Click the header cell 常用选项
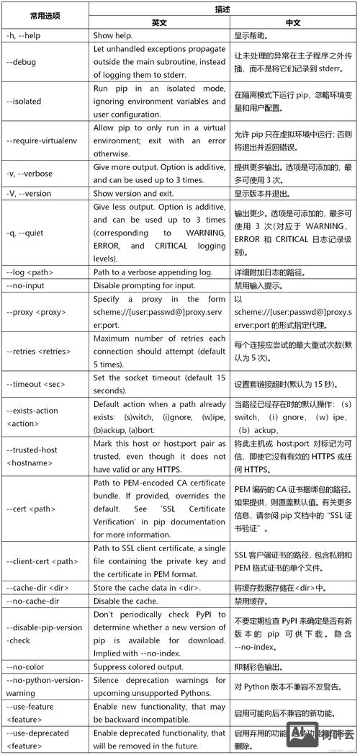(x=45, y=15)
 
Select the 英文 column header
(x=159, y=22)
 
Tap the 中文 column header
(x=293, y=22)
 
